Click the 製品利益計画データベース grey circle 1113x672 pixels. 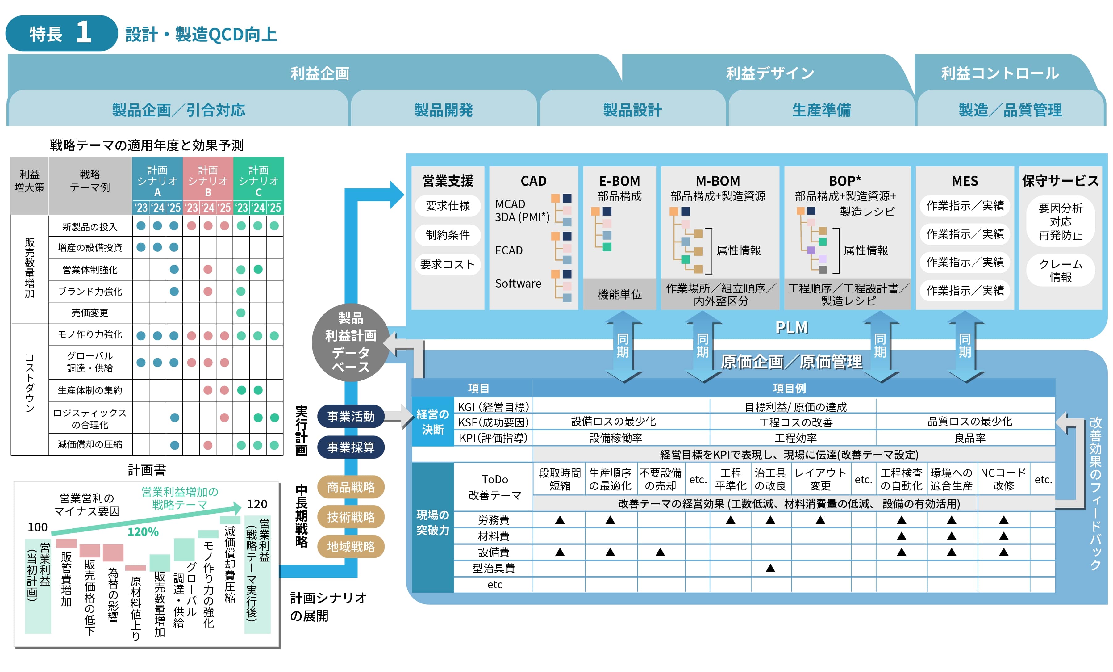[x=351, y=342]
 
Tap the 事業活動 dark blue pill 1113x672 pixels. [x=351, y=416]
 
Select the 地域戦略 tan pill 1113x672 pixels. [x=351, y=546]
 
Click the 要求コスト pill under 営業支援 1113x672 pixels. [x=447, y=264]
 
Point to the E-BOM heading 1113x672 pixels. [x=619, y=181]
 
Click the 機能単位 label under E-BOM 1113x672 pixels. [x=619, y=295]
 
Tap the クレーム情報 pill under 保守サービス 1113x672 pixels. [x=1060, y=270]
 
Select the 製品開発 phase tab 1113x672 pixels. [x=444, y=110]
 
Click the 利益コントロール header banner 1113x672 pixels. [x=1000, y=73]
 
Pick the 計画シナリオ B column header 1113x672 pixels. [x=208, y=181]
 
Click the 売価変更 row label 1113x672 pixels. [x=90, y=313]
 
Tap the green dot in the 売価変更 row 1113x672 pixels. [x=241, y=313]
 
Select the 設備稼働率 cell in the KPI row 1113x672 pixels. [x=615, y=438]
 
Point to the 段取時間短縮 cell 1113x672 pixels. [x=559, y=479]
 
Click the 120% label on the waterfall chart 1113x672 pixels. [x=143, y=532]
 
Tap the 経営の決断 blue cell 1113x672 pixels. [x=432, y=421]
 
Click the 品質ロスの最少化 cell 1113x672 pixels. [x=969, y=422]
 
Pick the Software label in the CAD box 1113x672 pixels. [x=518, y=283]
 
